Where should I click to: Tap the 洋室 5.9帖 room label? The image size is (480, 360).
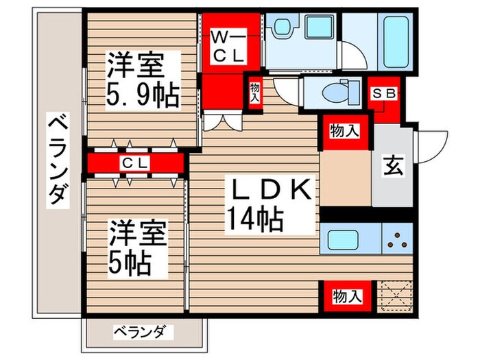coord(141,81)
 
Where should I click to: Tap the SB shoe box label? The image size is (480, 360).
coord(383,94)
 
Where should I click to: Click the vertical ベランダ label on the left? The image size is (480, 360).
coord(58,161)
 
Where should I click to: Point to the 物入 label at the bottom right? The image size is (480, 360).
coord(346,296)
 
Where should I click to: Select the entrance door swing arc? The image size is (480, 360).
coord(429,145)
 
